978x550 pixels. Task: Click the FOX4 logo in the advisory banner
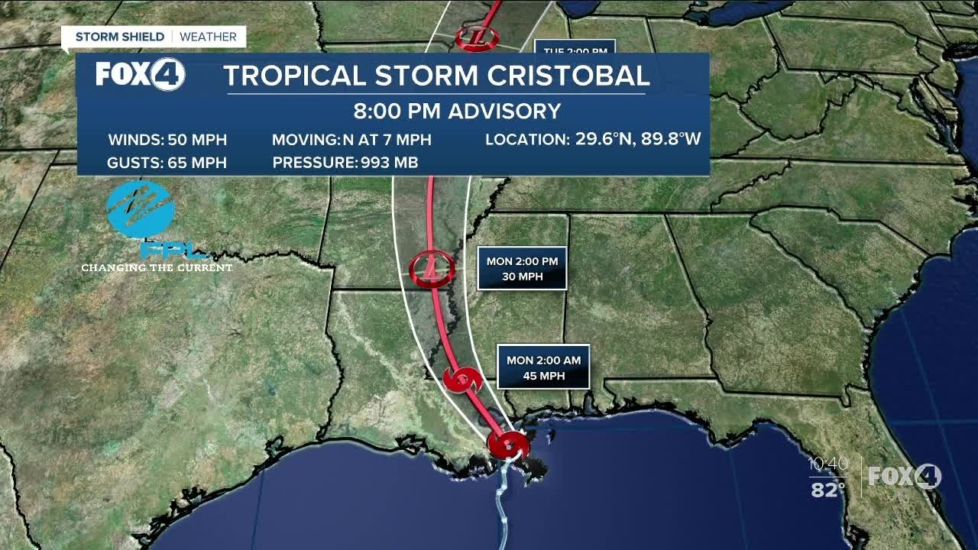click(x=140, y=75)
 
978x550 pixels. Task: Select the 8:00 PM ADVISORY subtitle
click(x=457, y=112)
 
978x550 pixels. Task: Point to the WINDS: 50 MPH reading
click(x=167, y=140)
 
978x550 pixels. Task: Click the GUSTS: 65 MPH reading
click(x=167, y=163)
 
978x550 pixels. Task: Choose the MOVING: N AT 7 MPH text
click(x=351, y=140)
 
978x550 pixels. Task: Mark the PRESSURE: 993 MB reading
click(x=345, y=163)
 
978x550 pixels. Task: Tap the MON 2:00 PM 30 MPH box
click(x=522, y=269)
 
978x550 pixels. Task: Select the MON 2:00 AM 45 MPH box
click(x=543, y=367)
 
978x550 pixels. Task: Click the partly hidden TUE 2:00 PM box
click(x=575, y=48)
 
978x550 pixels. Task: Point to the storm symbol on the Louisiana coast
click(x=508, y=444)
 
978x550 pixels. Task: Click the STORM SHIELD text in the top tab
click(x=120, y=37)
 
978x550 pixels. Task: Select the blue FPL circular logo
click(x=141, y=209)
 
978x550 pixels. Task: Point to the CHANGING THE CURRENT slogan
click(x=157, y=268)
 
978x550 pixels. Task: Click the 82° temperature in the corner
click(x=827, y=490)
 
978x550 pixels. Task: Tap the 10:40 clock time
click(x=828, y=464)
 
